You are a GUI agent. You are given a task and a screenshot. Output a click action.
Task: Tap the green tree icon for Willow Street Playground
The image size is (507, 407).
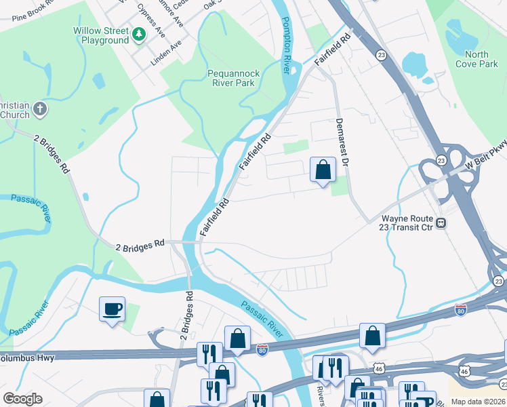(x=139, y=34)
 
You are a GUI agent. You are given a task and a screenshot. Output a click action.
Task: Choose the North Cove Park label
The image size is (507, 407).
(x=482, y=59)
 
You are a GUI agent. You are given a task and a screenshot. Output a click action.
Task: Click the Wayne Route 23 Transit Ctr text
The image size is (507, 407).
(x=407, y=224)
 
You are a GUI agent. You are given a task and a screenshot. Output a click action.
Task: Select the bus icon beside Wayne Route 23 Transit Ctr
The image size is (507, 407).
(x=441, y=222)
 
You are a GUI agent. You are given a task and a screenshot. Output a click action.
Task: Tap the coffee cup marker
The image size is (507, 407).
(x=112, y=309)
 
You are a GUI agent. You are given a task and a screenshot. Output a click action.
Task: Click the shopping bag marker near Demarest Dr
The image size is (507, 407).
(x=323, y=170)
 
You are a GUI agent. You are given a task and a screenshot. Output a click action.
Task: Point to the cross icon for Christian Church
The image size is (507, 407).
(x=40, y=109)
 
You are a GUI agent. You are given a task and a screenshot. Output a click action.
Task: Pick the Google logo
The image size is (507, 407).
(x=22, y=399)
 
